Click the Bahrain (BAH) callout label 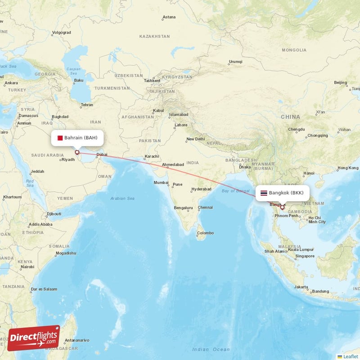[x=78, y=138]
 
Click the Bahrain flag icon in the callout [x=60, y=138]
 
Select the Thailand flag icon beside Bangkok [x=264, y=193]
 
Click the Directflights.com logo [x=34, y=337]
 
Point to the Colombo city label [x=205, y=233]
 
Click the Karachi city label [x=151, y=157]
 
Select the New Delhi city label [x=196, y=139]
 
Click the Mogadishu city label [x=65, y=253]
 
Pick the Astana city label [x=169, y=17]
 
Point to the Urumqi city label [x=235, y=61]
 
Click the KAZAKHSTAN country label [x=154, y=36]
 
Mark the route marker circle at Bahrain [x=77, y=153]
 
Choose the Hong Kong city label [x=348, y=168]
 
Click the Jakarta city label [x=301, y=287]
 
